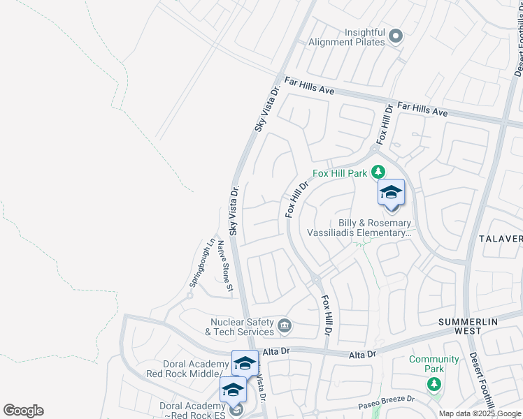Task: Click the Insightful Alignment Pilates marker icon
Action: (x=396, y=36)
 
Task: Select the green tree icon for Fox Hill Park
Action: (x=378, y=171)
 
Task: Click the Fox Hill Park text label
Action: (x=340, y=173)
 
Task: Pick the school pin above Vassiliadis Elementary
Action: (x=391, y=193)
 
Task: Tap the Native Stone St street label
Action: (x=224, y=265)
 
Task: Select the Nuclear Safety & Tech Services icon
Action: (x=285, y=325)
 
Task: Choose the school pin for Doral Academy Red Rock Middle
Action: (x=245, y=363)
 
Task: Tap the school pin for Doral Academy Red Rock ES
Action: (x=232, y=390)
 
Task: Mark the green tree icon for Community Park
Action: (x=434, y=383)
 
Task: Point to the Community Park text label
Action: (x=434, y=364)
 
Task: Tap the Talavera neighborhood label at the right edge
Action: (x=501, y=238)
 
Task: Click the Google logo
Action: (x=23, y=411)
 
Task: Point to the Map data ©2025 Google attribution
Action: (x=480, y=413)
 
